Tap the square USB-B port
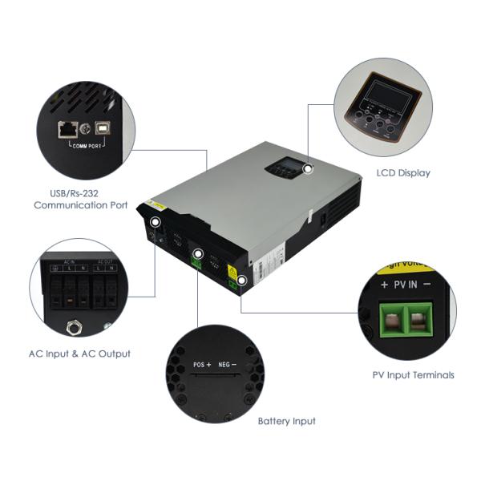pyautogui.click(x=104, y=127)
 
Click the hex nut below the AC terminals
pyautogui.click(x=73, y=326)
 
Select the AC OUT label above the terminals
pyautogui.click(x=103, y=263)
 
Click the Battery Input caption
pyautogui.click(x=286, y=421)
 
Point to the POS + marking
pyautogui.click(x=201, y=365)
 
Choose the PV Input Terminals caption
pyautogui.click(x=413, y=374)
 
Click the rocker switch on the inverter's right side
pyautogui.click(x=322, y=216)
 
